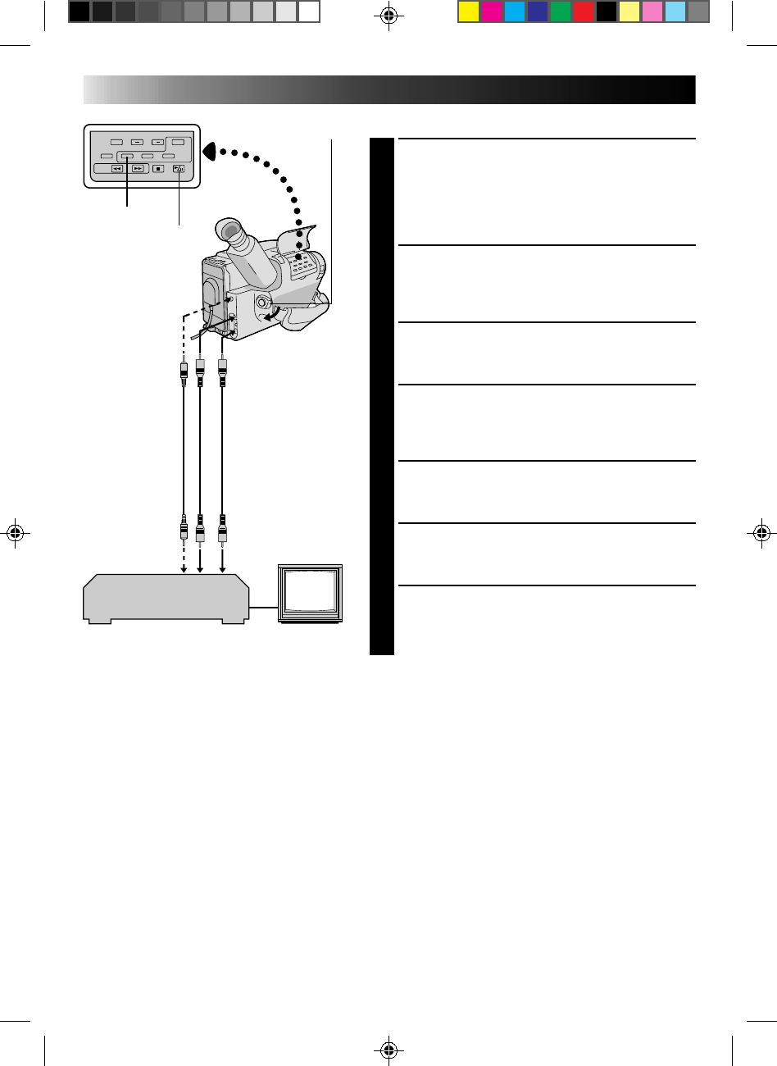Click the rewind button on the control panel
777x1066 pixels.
[x=117, y=170]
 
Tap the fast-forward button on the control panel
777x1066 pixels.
[x=138, y=170]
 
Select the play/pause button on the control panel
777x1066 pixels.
[x=179, y=170]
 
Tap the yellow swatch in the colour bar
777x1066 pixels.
[x=468, y=11]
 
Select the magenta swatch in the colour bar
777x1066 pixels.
[x=491, y=11]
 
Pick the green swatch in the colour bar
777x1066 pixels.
[x=560, y=11]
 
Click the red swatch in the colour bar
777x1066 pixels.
[x=583, y=11]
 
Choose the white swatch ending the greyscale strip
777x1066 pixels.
[x=308, y=11]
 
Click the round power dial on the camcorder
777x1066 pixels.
[x=262, y=303]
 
